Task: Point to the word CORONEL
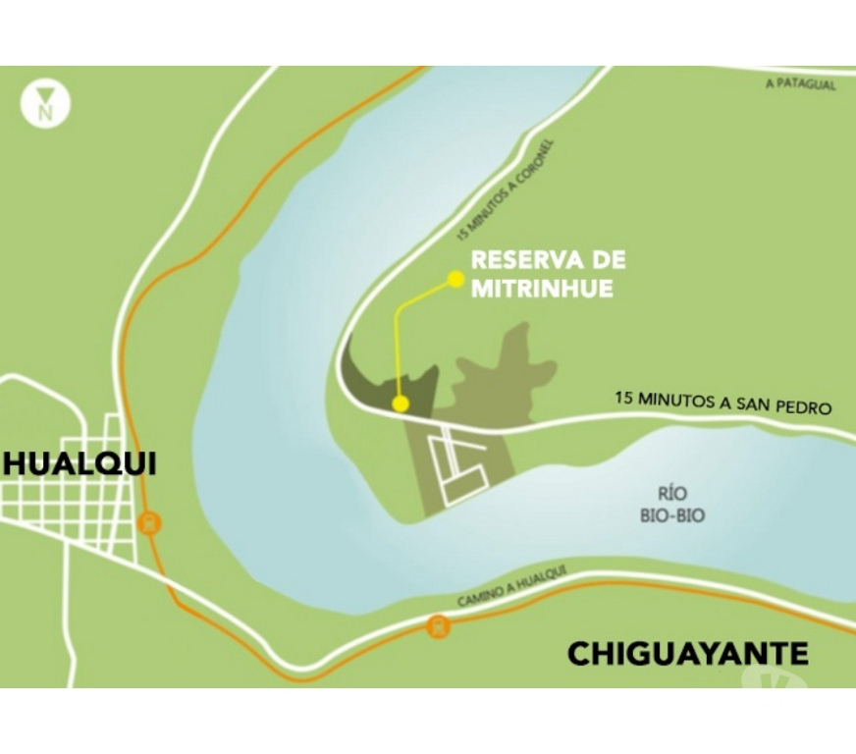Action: [536, 161]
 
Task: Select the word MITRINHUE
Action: [543, 289]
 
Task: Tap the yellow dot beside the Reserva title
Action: [455, 280]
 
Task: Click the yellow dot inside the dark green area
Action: [401, 404]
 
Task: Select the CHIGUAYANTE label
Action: [688, 653]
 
